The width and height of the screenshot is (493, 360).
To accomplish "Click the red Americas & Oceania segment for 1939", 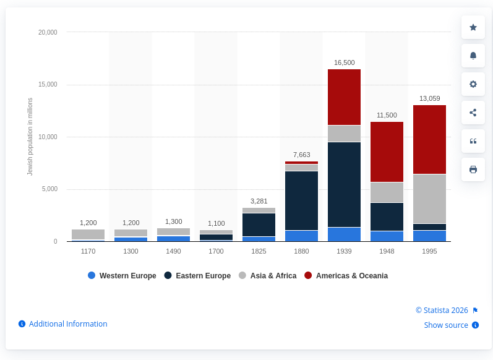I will click(344, 96).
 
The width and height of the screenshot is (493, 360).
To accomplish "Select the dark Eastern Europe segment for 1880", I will click(301, 200).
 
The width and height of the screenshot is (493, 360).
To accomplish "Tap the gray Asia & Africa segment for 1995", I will click(429, 199).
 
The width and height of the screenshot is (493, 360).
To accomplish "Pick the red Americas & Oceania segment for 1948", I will click(387, 152).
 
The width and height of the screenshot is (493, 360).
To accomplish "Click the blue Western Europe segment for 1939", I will click(344, 234).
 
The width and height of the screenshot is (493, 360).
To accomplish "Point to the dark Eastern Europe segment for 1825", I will click(259, 225).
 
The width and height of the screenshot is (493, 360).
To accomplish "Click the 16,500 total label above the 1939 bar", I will click(344, 62).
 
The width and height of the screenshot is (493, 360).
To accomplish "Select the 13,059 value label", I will click(429, 98).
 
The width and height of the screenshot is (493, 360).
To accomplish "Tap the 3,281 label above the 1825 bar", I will click(259, 201).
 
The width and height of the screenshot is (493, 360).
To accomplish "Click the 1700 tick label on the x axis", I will click(216, 251).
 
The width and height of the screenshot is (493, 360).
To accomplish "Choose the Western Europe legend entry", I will click(122, 276).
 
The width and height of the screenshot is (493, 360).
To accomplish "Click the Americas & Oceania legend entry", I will click(346, 276).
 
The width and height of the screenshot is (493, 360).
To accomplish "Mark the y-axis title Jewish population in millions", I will click(30, 137).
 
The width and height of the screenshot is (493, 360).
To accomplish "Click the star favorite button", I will click(473, 27).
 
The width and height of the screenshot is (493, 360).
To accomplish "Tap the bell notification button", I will click(473, 56).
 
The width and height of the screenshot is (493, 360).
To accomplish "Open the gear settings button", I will click(473, 84).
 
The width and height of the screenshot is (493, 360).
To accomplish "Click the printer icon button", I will click(473, 169).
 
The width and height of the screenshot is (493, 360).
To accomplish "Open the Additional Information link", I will click(67, 324).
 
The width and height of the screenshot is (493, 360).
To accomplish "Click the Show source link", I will click(446, 325).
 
